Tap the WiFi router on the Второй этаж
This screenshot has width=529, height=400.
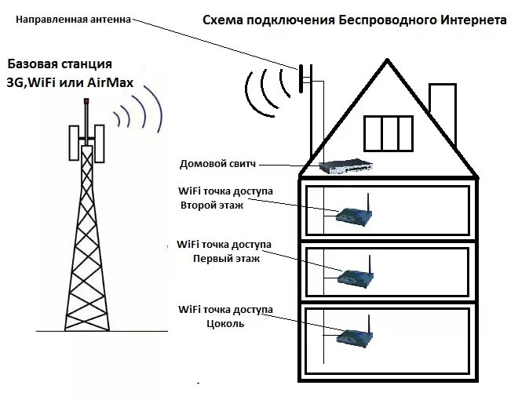coord(353,215)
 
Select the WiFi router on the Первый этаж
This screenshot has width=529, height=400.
coord(355,275)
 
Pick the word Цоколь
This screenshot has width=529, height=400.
coord(226,322)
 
